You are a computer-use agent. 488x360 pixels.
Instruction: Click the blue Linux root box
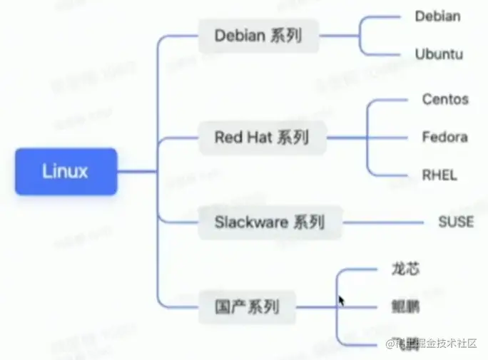coord(65,171)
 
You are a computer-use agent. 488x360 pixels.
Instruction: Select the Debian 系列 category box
coord(258,35)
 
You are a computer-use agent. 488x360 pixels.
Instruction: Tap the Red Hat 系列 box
coord(262,137)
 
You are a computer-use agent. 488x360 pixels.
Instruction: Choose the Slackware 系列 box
coord(270,222)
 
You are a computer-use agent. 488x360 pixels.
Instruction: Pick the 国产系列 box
coord(246,308)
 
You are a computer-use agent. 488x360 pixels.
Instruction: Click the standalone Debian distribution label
coord(437,16)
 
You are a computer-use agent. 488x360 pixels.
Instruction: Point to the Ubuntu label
coord(438,53)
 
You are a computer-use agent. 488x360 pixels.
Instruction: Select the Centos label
coord(445,99)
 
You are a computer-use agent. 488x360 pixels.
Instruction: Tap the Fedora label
coord(444,136)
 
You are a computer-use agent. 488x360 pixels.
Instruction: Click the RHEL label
coord(439,175)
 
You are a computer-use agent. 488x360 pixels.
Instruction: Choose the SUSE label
coord(455,222)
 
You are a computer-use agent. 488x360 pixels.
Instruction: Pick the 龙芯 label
coord(405,269)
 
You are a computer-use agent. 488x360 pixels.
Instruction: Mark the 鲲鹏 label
coord(405,308)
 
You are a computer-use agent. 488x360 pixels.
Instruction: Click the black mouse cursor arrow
coord(342,301)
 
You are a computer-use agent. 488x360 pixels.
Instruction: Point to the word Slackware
coord(250,222)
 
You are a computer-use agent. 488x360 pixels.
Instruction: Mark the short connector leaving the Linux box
coord(136,171)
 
